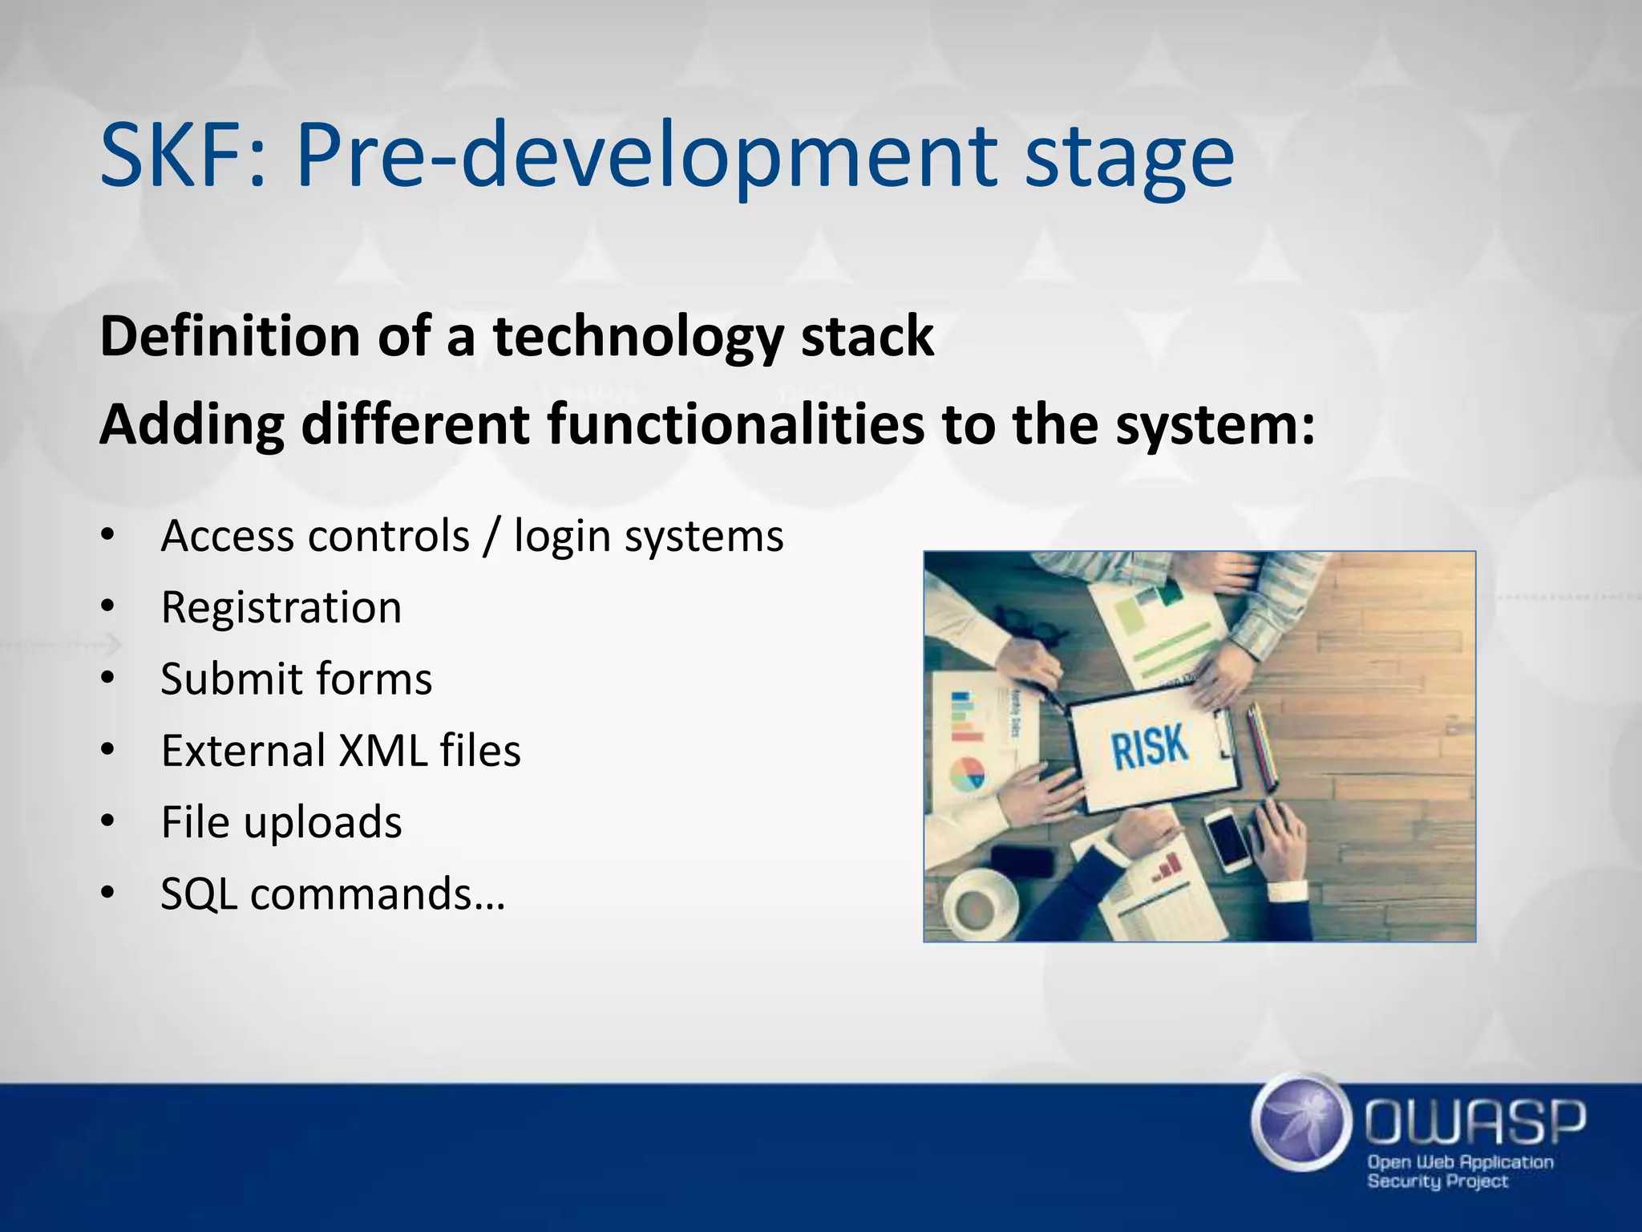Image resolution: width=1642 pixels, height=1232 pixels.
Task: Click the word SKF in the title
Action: coord(181,154)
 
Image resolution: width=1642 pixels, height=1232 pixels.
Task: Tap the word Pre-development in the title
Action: coord(647,156)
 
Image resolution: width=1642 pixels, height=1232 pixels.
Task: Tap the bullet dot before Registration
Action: coord(108,607)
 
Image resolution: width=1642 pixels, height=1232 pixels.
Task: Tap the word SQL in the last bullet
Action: coord(198,894)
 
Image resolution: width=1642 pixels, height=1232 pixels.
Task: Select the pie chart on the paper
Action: coord(968,775)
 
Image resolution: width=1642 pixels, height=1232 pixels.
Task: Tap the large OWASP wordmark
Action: coord(1474,1122)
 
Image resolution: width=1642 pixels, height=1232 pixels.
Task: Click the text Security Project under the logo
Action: coord(1437,1181)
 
